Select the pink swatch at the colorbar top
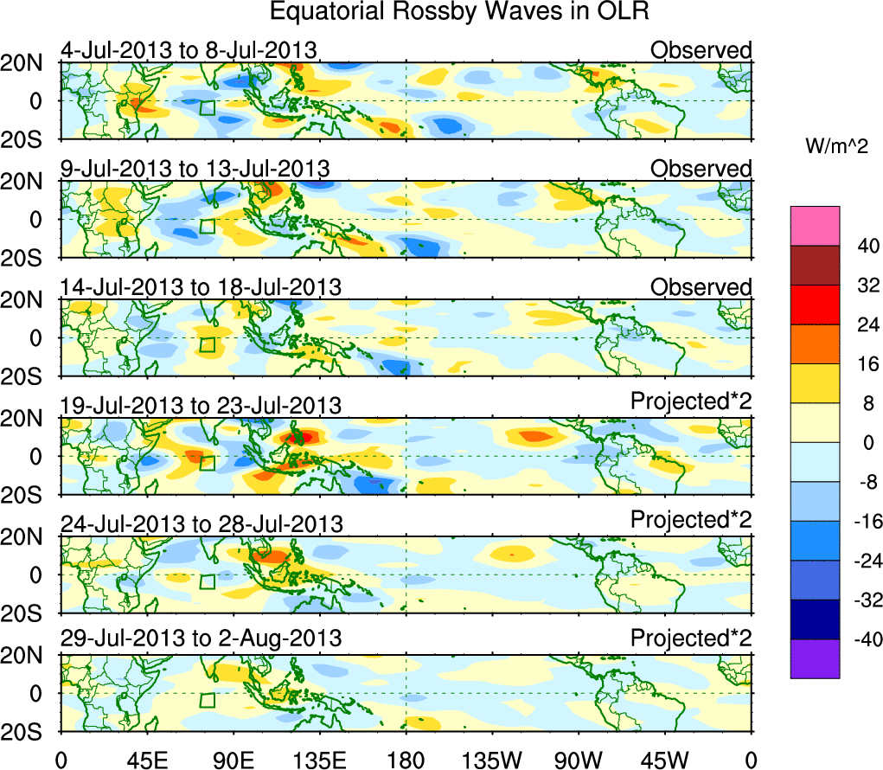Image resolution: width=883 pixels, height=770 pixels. click(x=814, y=226)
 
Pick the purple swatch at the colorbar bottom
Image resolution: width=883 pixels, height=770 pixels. click(x=814, y=658)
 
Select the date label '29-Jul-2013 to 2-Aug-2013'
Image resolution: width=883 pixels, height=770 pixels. click(x=200, y=638)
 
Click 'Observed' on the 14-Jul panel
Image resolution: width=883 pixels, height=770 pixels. click(x=701, y=286)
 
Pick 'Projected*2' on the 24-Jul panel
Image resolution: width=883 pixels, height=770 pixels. click(x=691, y=521)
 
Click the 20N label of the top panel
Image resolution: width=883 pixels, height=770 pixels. click(x=29, y=63)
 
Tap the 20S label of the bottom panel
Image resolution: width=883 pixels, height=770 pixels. click(x=29, y=731)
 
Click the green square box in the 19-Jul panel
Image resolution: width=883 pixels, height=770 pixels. click(x=207, y=463)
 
